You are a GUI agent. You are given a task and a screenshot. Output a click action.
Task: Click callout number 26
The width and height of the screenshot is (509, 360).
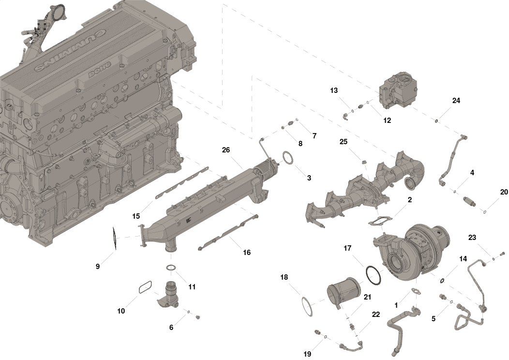click(226, 150)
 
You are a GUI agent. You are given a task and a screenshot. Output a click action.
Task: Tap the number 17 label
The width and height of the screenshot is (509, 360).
click(347, 248)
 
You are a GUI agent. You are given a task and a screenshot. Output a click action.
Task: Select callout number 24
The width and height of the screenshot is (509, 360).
click(456, 101)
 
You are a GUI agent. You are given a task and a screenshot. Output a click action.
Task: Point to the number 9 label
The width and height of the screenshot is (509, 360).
click(98, 267)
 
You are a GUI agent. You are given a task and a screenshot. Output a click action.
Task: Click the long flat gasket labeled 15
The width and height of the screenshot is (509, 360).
click(182, 183)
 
